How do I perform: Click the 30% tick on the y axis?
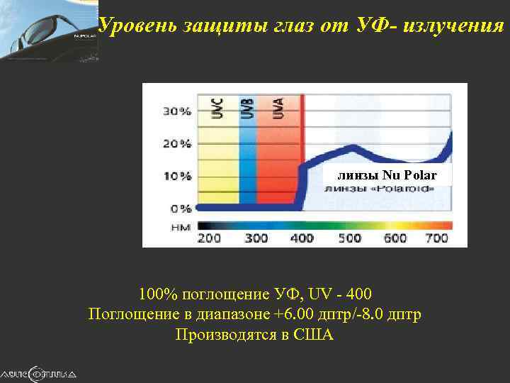pyautogui.click(x=178, y=111)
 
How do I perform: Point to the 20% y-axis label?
pyautogui.click(x=178, y=143)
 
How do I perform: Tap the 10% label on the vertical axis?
pyautogui.click(x=178, y=176)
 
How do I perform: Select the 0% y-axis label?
pyautogui.click(x=181, y=209)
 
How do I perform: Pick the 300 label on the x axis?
pyautogui.click(x=256, y=238)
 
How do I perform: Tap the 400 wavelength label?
pyautogui.click(x=302, y=238)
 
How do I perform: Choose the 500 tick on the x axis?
pyautogui.click(x=349, y=238)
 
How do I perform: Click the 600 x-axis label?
pyautogui.click(x=395, y=238)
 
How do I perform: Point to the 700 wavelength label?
pyautogui.click(x=437, y=238)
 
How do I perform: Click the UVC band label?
pyautogui.click(x=217, y=109)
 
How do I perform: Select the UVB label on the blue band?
pyautogui.click(x=246, y=109)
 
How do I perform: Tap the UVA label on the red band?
pyautogui.click(x=278, y=109)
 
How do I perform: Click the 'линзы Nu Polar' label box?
pyautogui.click(x=387, y=175)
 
